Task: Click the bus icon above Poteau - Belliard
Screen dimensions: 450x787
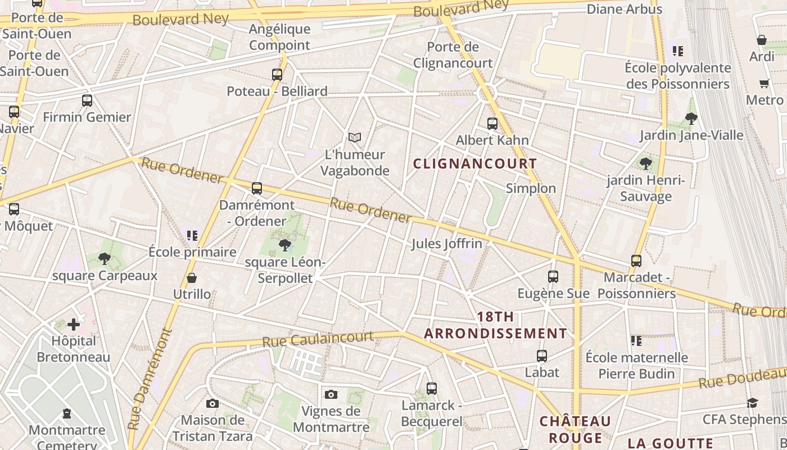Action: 277,74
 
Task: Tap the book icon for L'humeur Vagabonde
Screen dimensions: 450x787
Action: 354,137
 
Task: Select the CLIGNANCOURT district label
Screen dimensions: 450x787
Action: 475,164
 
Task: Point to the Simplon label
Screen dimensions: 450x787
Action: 531,188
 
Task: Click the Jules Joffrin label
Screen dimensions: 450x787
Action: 447,244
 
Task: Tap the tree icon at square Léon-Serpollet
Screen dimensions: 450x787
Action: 285,245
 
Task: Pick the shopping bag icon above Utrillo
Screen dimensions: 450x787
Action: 192,278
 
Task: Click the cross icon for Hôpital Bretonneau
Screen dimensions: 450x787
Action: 74,325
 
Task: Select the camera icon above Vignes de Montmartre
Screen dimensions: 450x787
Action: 331,394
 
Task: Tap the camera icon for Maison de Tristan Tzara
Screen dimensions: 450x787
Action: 212,403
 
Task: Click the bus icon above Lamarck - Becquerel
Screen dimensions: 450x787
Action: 432,388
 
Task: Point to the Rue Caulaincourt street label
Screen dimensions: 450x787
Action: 318,339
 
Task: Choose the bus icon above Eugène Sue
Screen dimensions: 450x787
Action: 553,277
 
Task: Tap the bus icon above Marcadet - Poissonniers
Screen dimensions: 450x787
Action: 636,261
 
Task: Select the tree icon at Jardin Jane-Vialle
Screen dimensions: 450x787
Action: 691,119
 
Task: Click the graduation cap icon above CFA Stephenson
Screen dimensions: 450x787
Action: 753,403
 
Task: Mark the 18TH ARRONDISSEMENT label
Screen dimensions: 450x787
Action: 495,325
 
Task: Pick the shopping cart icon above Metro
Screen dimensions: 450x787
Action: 764,84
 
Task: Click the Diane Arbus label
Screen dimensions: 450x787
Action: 625,10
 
